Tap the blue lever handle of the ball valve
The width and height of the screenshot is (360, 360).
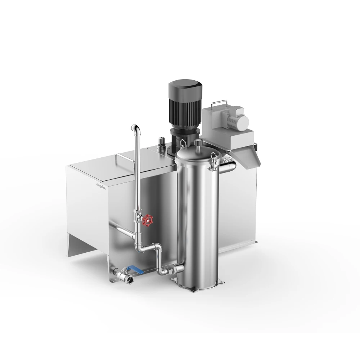135,268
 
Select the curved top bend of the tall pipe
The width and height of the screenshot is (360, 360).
135,128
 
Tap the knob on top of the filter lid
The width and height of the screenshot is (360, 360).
198,143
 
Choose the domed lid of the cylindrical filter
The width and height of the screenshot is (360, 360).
196,153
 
